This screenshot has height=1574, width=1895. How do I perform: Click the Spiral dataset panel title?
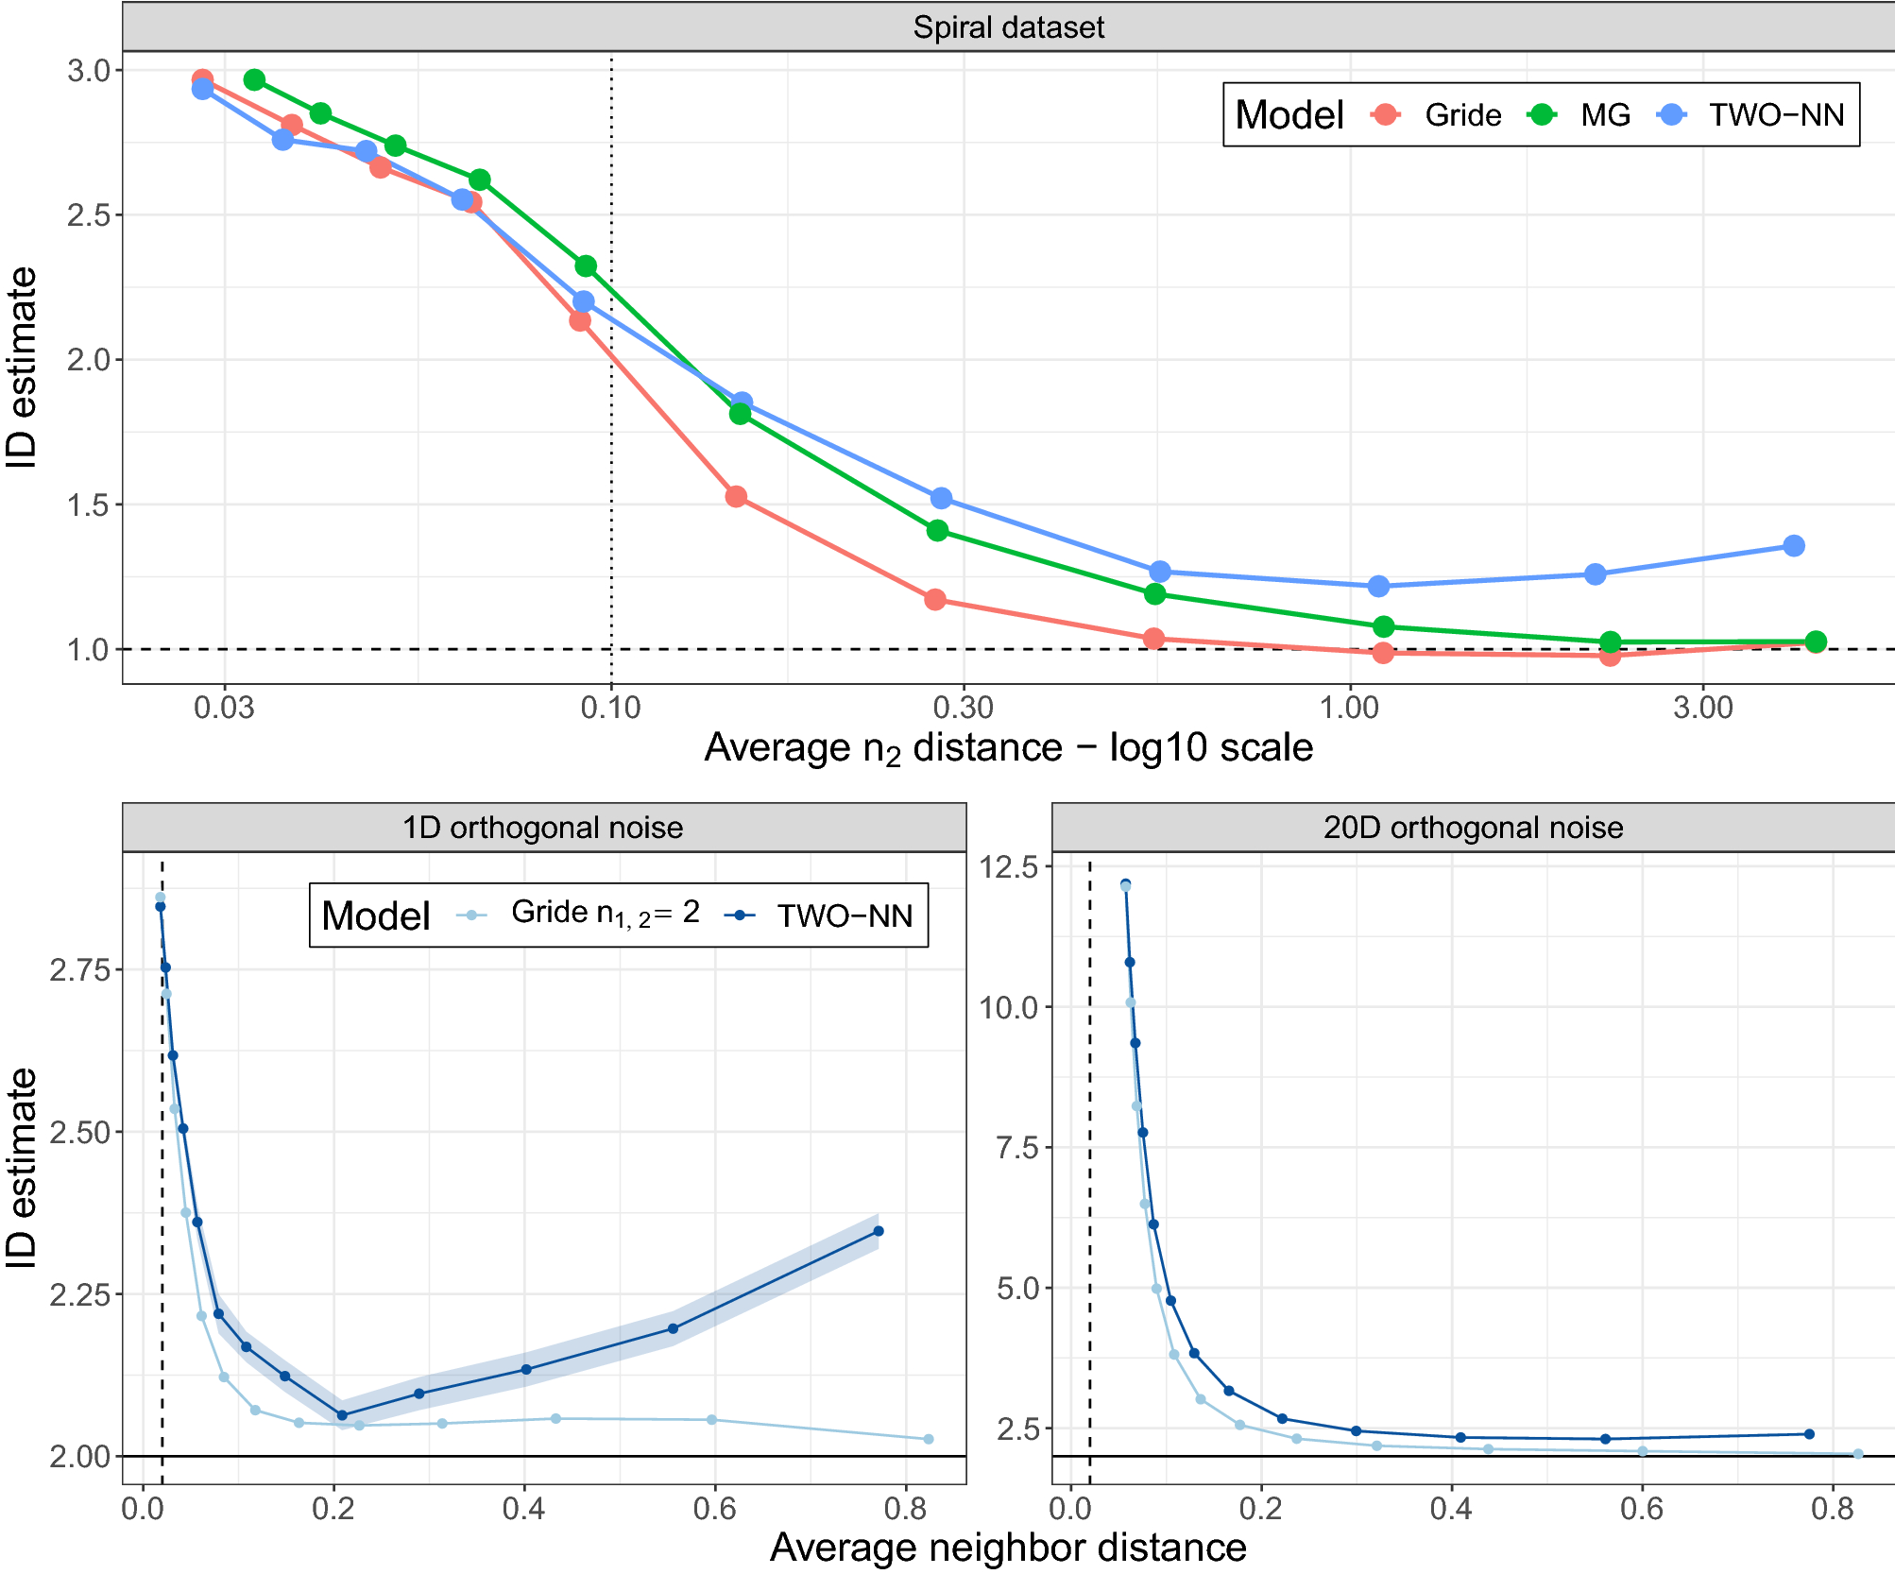tap(1008, 27)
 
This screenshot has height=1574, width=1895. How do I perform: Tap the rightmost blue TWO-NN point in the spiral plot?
tap(1794, 546)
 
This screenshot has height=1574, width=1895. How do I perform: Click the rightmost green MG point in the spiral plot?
tap(1816, 642)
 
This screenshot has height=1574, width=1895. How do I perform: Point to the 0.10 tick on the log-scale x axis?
tap(611, 707)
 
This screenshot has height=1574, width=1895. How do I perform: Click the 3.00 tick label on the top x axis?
tap(1702, 707)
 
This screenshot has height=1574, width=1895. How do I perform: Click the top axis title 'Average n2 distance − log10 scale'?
tap(1008, 748)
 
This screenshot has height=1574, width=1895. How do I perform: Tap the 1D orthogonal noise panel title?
tap(542, 828)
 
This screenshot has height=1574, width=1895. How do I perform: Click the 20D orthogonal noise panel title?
tap(1473, 828)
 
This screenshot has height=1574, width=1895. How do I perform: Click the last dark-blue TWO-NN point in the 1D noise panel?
tap(879, 1231)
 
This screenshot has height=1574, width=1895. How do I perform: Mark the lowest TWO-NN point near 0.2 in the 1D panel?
tap(342, 1415)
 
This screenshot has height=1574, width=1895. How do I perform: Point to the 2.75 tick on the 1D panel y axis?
tap(79, 970)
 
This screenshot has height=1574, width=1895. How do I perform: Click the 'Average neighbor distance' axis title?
tap(1008, 1548)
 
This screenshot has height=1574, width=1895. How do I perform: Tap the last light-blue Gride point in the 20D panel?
tap(1858, 1454)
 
